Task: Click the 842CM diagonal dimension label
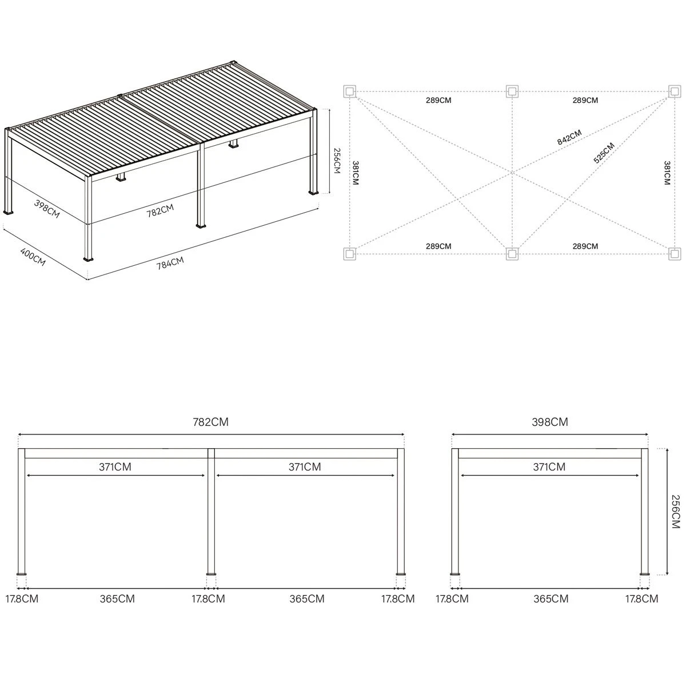click(x=569, y=137)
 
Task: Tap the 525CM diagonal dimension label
click(x=604, y=153)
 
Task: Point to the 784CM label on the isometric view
click(x=170, y=263)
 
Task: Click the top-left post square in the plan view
click(x=350, y=91)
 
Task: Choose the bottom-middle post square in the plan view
click(x=512, y=254)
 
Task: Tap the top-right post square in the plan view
click(x=675, y=91)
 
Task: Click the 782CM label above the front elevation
click(x=211, y=422)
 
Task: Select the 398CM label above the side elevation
click(x=550, y=422)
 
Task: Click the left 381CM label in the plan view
click(x=355, y=173)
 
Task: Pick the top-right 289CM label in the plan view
click(x=585, y=101)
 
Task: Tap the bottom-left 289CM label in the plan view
click(x=438, y=246)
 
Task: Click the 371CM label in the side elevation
click(x=549, y=466)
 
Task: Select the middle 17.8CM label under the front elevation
click(x=208, y=599)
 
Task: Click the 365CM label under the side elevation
click(x=551, y=599)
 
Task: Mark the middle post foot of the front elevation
click(x=212, y=584)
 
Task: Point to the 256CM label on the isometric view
click(x=336, y=161)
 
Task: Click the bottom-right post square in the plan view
click(x=675, y=254)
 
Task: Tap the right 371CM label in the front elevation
click(x=305, y=466)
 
